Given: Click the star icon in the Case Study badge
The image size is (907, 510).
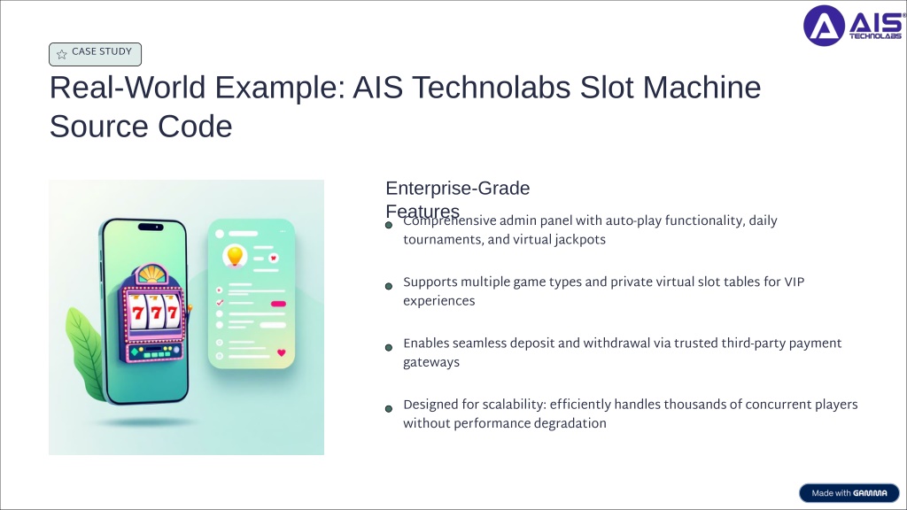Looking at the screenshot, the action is [x=62, y=54].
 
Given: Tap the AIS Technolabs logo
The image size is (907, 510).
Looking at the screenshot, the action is [x=854, y=26].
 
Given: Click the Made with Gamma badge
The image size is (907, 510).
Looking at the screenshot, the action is [x=849, y=492].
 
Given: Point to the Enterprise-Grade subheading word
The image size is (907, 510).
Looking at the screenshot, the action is [x=458, y=188].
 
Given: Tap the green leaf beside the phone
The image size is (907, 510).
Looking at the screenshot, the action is [x=86, y=353].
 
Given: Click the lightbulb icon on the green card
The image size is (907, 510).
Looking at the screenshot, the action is [x=235, y=256].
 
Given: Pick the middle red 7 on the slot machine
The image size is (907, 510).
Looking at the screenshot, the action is [x=156, y=313].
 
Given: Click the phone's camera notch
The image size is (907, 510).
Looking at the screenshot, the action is [x=151, y=228].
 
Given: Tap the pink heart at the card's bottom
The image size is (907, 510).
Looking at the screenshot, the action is [x=281, y=352].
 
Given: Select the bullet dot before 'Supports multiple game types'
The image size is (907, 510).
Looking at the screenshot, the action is [x=389, y=286].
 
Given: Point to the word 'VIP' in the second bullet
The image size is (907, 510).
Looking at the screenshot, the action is [x=795, y=282].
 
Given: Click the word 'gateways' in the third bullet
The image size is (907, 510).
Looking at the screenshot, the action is [x=431, y=362].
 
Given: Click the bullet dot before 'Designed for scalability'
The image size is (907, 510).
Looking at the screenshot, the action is [x=389, y=409].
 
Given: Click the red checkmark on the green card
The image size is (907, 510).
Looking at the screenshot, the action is [x=220, y=303].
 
